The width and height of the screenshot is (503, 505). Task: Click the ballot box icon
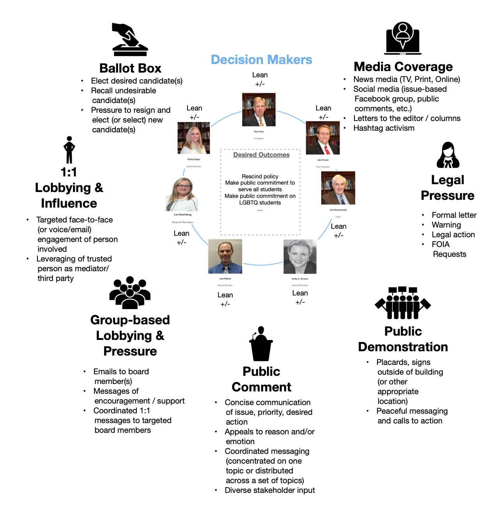pos(130,39)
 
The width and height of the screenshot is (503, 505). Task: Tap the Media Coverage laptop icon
pos(403,38)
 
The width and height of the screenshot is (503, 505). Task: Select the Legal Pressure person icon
pos(448,155)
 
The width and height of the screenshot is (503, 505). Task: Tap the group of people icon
pos(130,293)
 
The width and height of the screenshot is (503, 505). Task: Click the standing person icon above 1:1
pos(69,150)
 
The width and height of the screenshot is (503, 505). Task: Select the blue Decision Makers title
pos(261,60)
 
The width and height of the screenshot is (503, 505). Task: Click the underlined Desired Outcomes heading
pos(261,155)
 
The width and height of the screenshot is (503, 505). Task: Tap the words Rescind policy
pos(260,176)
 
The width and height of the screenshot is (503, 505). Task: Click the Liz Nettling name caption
pos(182,215)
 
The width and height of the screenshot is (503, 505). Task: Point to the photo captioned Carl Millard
pos(225,256)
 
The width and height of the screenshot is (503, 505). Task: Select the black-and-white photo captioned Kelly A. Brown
pos(299,256)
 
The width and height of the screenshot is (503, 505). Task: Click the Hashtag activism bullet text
pos(384,128)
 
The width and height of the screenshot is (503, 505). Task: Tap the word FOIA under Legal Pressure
pos(441,244)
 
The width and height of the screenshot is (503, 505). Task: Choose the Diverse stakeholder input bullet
pos(269,490)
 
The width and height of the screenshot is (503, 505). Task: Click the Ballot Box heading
pos(130,68)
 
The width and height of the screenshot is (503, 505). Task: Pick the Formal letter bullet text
pos(454,215)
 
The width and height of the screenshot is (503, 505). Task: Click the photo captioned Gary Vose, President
pos(259,110)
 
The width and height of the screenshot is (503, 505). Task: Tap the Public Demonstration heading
pos(403,339)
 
